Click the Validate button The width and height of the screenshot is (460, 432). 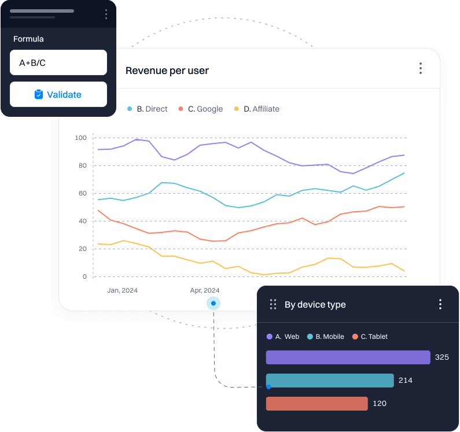tap(58, 94)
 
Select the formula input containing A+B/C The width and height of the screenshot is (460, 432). tap(58, 62)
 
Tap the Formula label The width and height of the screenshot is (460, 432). tap(28, 39)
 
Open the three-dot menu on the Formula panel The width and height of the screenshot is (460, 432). tap(105, 14)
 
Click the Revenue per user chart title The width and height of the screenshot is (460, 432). tap(167, 71)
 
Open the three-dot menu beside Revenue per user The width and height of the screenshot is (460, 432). tap(421, 69)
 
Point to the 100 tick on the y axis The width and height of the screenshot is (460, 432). tap(80, 138)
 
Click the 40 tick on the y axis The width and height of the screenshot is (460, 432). tap(82, 221)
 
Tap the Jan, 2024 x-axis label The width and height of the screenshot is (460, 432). tap(122, 290)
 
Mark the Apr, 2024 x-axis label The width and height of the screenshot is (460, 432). tap(205, 290)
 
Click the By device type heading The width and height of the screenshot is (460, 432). tap(315, 305)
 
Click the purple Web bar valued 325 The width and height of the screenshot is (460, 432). tap(348, 357)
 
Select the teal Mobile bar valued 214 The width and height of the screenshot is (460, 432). tap(330, 381)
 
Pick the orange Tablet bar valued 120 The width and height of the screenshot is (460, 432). tap(317, 404)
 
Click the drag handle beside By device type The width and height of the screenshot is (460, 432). tap(273, 304)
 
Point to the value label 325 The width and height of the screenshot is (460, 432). tap(441, 357)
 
